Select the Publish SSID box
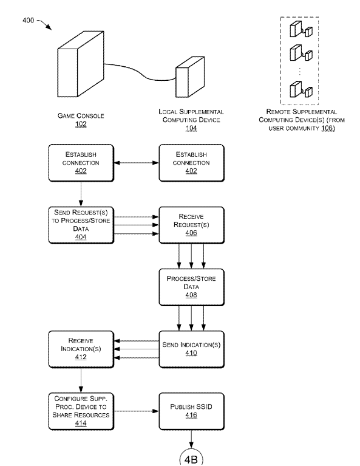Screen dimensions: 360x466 point(192,411)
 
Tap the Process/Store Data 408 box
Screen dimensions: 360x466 point(192,287)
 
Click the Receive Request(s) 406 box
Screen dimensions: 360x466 point(192,225)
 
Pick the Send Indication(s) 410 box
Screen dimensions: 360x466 point(192,349)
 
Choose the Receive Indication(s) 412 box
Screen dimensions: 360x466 point(81,349)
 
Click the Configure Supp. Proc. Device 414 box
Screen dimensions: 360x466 point(81,411)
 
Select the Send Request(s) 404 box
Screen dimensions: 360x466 point(81,225)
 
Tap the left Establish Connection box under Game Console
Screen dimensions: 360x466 point(81,163)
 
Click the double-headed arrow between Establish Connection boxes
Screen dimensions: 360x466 point(137,163)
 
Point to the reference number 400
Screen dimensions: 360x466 point(28,20)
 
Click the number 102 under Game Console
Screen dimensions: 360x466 point(81,124)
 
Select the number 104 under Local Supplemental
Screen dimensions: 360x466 point(191,128)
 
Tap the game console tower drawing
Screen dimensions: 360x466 point(81,64)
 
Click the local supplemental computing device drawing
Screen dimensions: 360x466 point(190,77)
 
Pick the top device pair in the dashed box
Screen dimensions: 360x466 point(301,29)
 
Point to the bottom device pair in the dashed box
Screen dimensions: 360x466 point(301,89)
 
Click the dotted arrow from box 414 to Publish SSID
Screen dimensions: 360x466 point(137,411)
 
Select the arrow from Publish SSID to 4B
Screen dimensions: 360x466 point(191,439)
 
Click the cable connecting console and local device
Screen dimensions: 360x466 point(140,71)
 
